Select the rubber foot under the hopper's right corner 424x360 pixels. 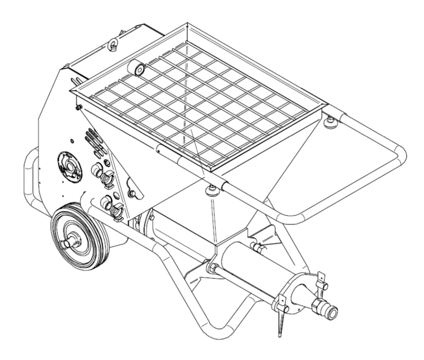(330, 122)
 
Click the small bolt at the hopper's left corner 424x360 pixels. (78, 108)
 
